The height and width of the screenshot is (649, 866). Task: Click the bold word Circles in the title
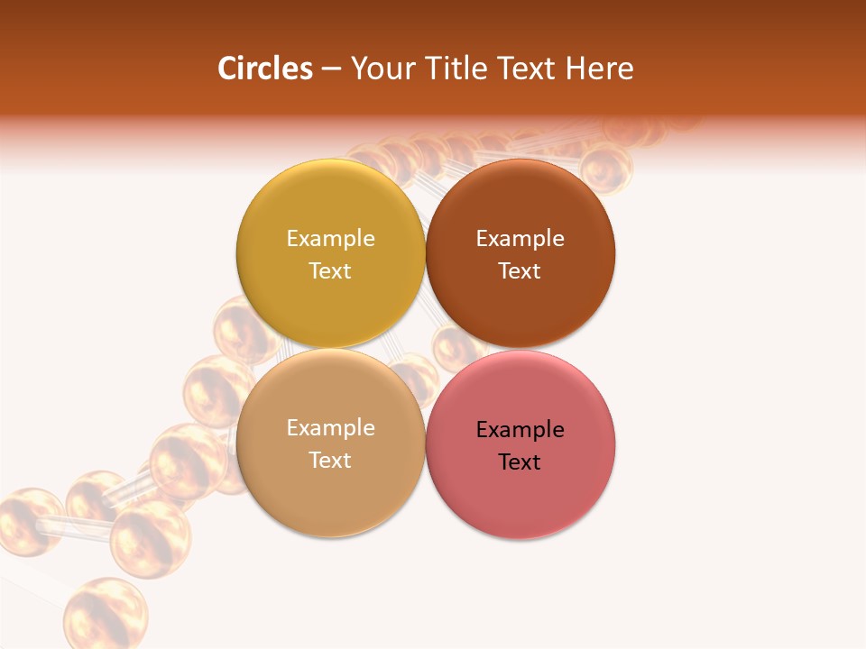[x=265, y=69]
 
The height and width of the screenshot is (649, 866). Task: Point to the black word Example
[x=520, y=429]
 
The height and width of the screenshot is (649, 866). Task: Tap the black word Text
[x=520, y=462]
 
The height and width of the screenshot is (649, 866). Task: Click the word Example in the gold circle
[x=330, y=238]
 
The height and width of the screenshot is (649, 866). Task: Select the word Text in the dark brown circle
[x=520, y=270]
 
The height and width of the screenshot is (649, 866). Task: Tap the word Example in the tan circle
[x=330, y=427]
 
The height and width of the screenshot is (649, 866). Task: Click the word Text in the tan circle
[x=330, y=460]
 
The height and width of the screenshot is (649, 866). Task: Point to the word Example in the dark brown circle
[x=520, y=238]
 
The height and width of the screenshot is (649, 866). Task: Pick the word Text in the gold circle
[x=330, y=270]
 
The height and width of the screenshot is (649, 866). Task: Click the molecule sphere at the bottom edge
[x=105, y=613]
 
